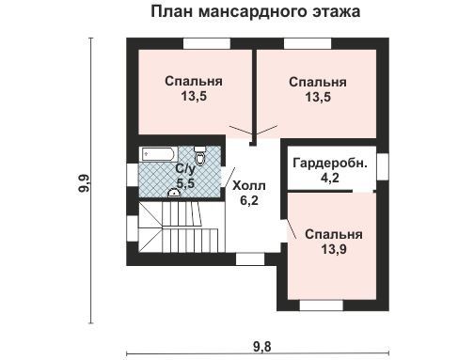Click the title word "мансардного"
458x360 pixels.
point(252,12)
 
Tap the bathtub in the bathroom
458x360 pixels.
point(158,154)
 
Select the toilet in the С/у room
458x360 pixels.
point(199,155)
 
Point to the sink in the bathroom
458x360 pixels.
point(174,193)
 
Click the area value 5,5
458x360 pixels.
point(185,183)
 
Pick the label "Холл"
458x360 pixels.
point(249,186)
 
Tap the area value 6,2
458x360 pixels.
point(249,200)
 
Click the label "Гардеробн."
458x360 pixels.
point(330,163)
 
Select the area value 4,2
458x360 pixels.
point(330,178)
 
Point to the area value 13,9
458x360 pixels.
point(334,249)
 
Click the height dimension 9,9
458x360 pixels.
point(85,183)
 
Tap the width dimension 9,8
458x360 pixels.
point(261,347)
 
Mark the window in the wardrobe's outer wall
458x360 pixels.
point(383,166)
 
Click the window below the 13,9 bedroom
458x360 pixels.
point(322,305)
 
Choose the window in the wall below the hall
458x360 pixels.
point(250,258)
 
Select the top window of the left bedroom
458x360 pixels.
point(207,43)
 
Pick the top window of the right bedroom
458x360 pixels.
point(308,43)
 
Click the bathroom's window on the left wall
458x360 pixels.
point(133,175)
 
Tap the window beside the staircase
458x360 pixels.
point(133,228)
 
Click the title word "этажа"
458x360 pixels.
point(336,12)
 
